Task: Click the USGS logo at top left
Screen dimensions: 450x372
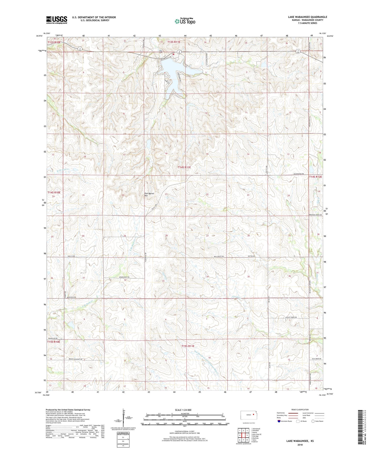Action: click(57, 20)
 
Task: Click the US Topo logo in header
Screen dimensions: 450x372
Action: click(185, 21)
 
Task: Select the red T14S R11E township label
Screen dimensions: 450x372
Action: click(184, 167)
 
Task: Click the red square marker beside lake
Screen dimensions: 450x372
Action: click(174, 54)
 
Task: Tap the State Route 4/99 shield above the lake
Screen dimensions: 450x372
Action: click(179, 52)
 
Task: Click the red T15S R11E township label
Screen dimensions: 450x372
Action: click(188, 346)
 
